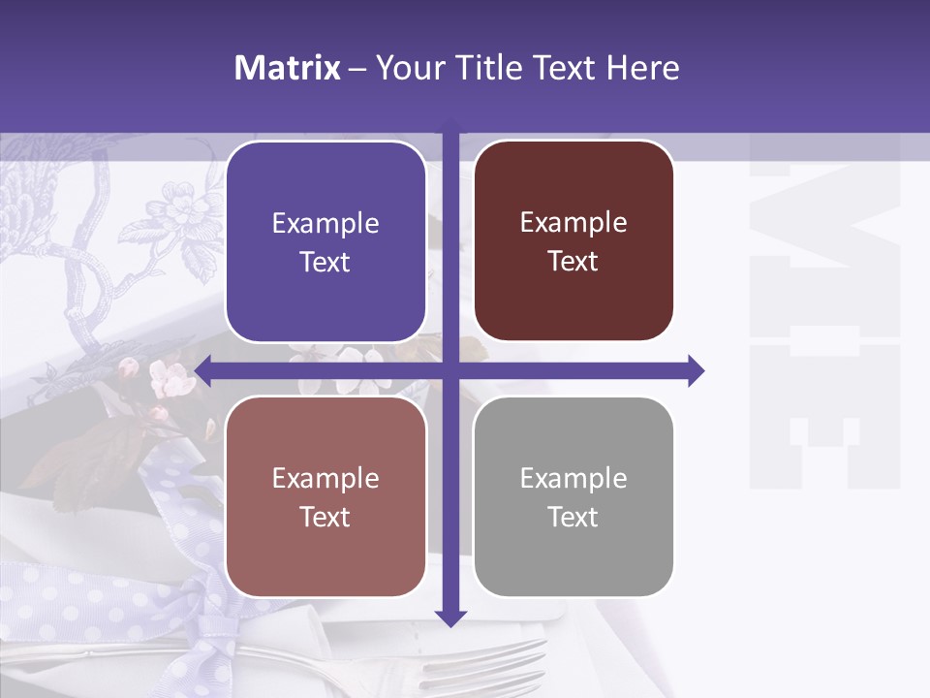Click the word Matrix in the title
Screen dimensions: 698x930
[x=288, y=68]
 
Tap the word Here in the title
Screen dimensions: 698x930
[x=642, y=68]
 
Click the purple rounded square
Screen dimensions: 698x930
[x=325, y=241]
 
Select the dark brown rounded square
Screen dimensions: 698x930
[x=573, y=240]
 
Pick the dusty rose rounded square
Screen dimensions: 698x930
[x=325, y=496]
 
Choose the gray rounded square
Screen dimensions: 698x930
[x=573, y=496]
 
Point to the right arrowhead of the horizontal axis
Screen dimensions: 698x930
[x=696, y=370]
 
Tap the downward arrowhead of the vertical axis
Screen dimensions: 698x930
[x=450, y=617]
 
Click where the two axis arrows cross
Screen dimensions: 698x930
[x=450, y=370]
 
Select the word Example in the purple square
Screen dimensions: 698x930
[x=325, y=224]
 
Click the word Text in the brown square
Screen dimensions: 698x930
[x=573, y=262]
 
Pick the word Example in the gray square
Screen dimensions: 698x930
[x=573, y=478]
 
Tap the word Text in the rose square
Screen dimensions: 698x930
[x=325, y=517]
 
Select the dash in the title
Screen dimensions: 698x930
[x=356, y=68]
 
